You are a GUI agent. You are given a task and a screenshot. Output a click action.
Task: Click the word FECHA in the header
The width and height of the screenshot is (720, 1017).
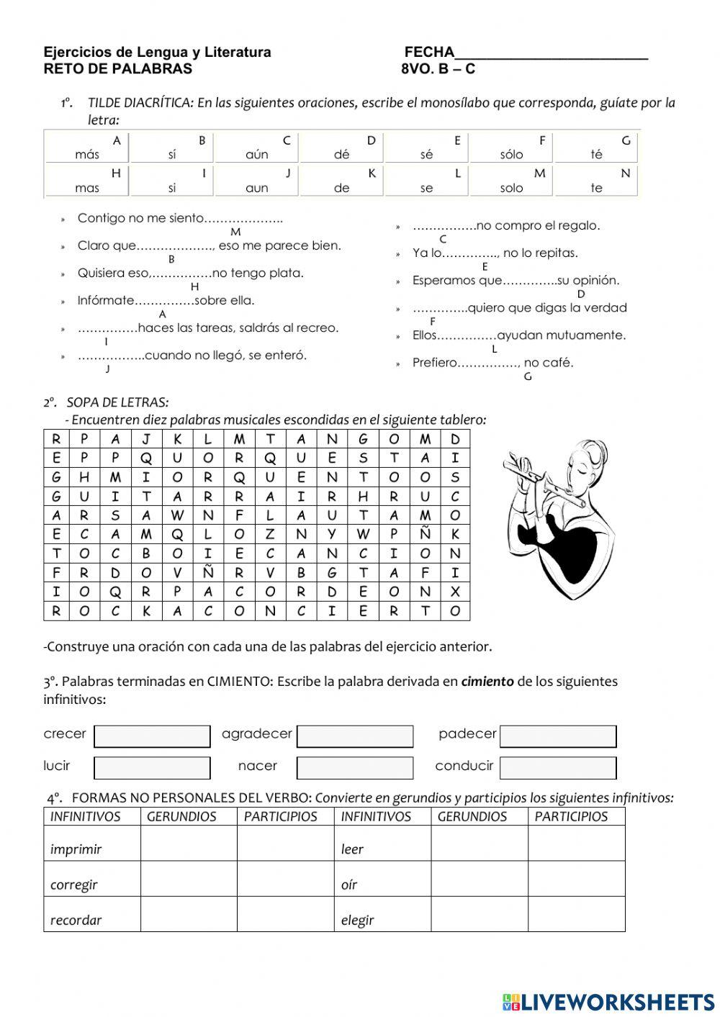[x=429, y=52]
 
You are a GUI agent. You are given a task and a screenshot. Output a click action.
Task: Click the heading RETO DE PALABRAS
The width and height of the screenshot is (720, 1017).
[x=118, y=69]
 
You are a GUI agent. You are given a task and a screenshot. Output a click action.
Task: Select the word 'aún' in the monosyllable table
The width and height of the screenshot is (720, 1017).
[x=256, y=155]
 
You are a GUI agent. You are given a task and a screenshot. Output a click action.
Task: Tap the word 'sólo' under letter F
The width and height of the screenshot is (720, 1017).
[x=511, y=155]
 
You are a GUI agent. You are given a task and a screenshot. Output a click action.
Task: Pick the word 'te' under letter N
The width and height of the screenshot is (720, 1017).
[x=596, y=188]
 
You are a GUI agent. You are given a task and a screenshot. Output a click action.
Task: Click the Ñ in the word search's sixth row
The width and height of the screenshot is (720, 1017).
[x=425, y=534]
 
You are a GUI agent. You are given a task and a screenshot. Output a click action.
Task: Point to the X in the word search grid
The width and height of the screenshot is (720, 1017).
[x=455, y=592]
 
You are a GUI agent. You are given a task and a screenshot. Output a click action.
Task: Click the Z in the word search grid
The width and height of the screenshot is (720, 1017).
[x=270, y=534]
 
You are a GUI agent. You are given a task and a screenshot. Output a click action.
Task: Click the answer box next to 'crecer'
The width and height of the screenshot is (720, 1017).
[x=152, y=736]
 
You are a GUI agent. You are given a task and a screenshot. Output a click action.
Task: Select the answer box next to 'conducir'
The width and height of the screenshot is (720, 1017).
[x=558, y=768]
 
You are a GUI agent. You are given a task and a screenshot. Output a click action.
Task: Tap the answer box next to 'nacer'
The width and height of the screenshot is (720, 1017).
[x=355, y=768]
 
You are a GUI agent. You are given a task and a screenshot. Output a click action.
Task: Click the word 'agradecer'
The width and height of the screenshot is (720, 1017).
[x=257, y=733]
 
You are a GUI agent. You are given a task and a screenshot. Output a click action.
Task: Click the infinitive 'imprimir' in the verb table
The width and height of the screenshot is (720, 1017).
[x=76, y=849]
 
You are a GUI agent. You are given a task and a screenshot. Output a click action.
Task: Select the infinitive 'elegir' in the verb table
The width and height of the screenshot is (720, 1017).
[x=357, y=920]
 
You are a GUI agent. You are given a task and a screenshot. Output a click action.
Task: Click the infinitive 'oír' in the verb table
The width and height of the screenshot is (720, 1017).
[x=349, y=885]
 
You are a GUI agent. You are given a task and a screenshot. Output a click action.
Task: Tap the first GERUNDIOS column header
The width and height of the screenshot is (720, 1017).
[x=181, y=816]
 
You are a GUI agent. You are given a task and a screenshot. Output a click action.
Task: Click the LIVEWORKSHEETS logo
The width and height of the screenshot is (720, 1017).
[x=608, y=1001]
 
